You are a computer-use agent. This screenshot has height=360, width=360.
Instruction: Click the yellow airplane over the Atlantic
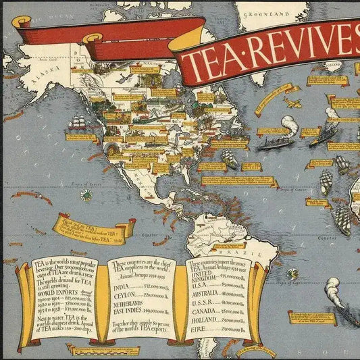pos(292,103)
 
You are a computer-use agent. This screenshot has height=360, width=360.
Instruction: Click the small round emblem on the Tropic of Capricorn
pos(292,274)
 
